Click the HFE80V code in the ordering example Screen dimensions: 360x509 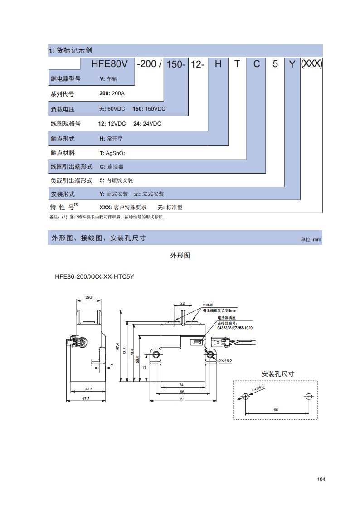109,63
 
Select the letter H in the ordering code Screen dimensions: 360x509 218,64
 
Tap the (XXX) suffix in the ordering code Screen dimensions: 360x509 311,63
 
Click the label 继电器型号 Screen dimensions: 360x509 66,78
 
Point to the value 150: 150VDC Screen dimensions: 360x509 149,109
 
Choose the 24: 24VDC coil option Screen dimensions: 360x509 147,124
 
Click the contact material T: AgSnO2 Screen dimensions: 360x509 112,153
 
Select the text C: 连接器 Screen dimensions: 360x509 112,166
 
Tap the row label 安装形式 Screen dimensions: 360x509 63,194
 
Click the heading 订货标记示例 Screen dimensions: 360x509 71,50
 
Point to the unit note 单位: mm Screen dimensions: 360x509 311,240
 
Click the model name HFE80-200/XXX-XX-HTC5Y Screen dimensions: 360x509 94,276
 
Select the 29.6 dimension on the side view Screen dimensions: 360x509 89,297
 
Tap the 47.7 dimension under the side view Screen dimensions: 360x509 86,398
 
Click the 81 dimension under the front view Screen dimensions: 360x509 182,399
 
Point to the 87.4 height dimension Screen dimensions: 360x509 117,346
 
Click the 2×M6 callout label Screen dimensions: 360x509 208,305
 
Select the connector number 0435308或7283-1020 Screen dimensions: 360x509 235,328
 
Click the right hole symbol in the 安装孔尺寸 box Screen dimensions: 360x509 309,396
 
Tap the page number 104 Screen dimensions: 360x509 321,479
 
